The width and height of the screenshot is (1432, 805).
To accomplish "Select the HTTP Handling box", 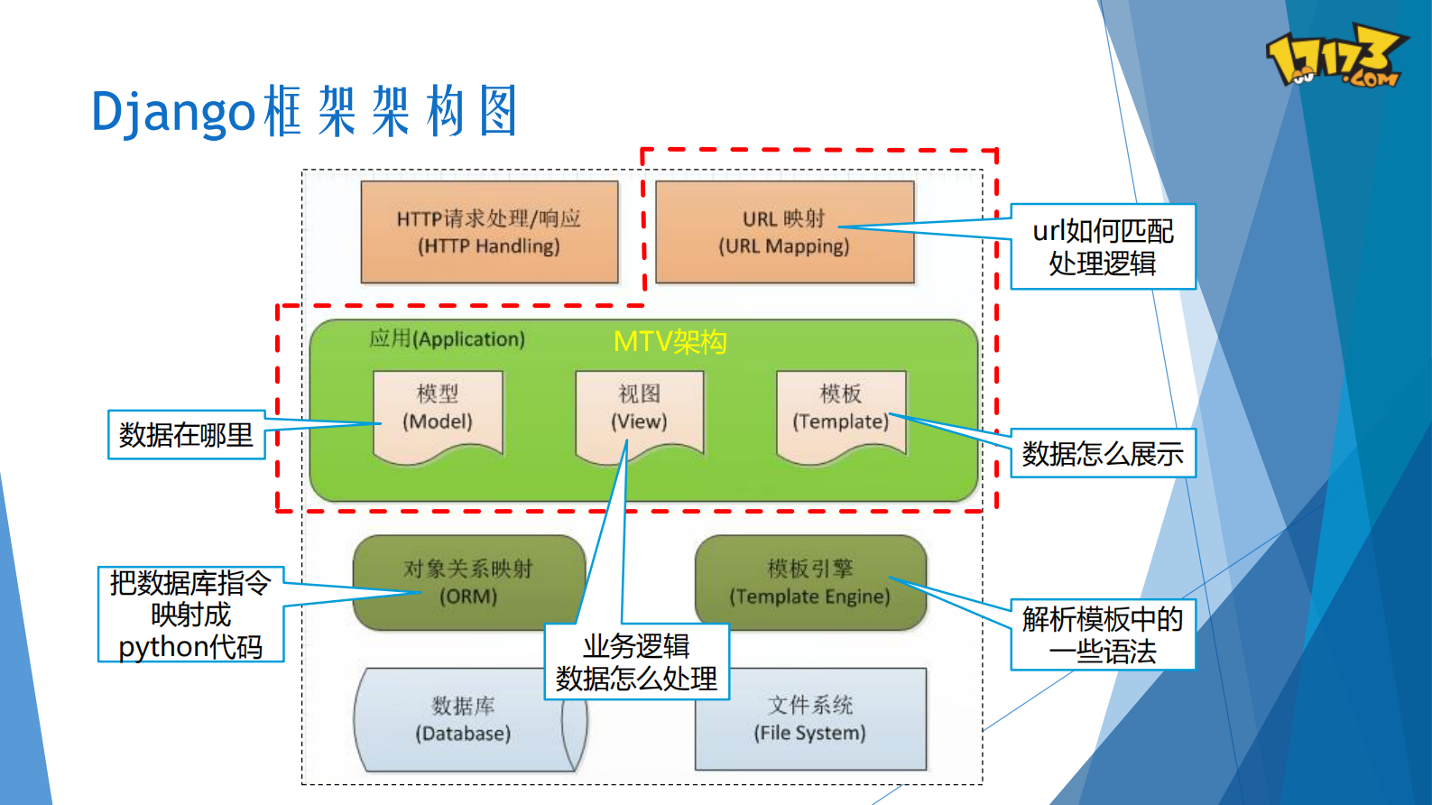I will click(489, 232).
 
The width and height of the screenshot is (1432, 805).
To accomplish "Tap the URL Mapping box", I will click(784, 232).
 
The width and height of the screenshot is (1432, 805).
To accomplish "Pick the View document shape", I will click(639, 412).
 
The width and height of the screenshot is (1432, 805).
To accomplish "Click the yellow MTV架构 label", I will click(670, 342).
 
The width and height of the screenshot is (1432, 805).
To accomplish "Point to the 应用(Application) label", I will click(447, 339).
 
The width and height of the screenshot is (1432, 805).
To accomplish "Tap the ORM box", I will click(468, 583).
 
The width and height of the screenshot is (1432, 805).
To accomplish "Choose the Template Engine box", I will click(809, 583).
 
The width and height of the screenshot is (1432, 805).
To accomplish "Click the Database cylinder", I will click(463, 719).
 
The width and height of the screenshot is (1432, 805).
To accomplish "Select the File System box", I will click(809, 719).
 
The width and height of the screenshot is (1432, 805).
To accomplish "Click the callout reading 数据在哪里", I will click(186, 435).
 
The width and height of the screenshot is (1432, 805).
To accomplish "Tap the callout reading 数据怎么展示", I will click(1102, 454).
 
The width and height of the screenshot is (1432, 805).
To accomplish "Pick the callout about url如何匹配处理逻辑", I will click(1102, 247).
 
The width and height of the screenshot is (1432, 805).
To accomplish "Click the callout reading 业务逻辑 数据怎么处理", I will click(636, 662).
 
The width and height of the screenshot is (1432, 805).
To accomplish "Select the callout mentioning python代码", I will click(190, 615).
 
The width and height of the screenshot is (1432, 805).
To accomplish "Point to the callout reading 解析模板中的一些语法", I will click(1102, 635).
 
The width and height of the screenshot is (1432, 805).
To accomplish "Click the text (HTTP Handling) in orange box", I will click(489, 246).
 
